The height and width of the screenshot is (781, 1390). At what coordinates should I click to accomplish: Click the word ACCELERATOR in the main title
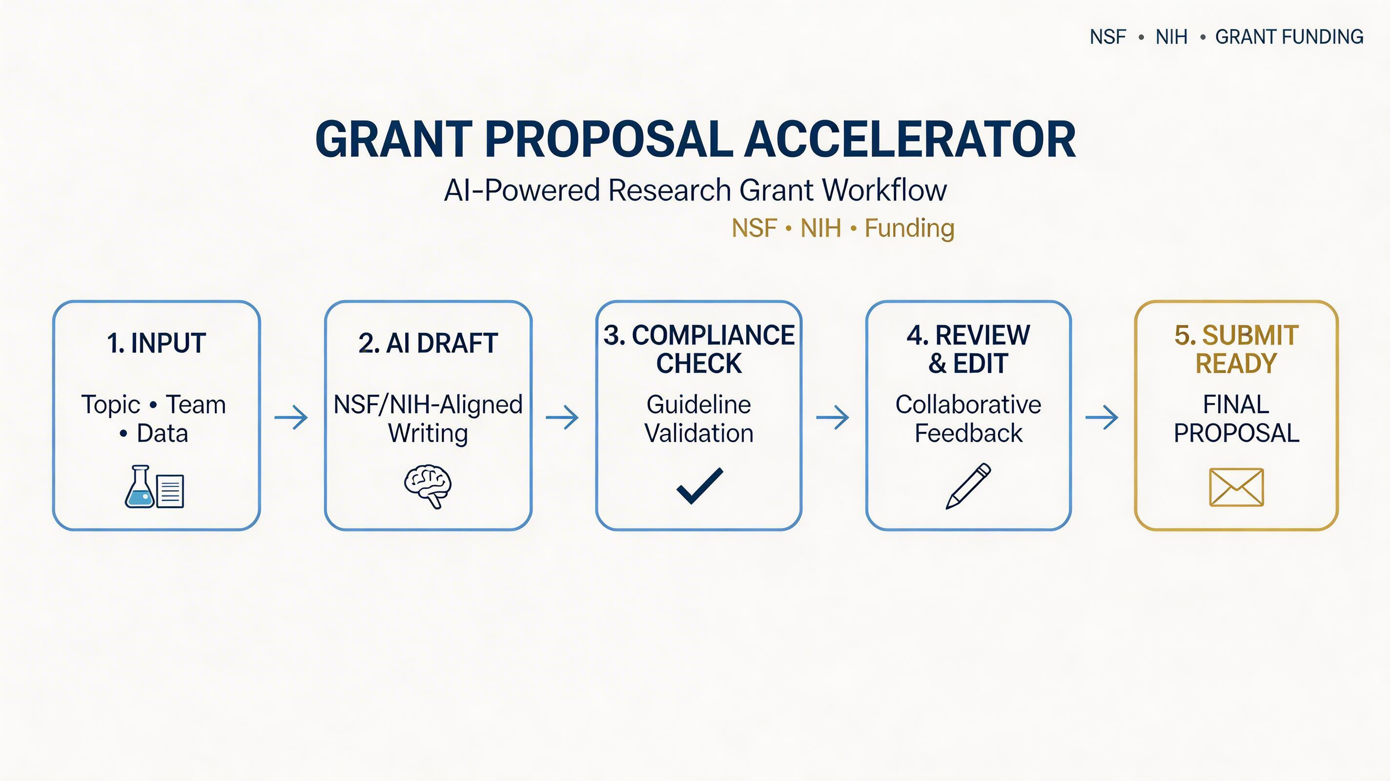[x=910, y=139]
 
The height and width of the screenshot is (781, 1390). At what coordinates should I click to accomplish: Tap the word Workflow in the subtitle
[x=884, y=190]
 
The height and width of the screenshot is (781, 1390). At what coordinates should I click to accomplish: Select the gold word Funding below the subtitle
[x=909, y=228]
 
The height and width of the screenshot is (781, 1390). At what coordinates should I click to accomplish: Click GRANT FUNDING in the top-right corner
[x=1289, y=37]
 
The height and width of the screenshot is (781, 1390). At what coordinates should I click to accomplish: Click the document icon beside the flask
[x=170, y=491]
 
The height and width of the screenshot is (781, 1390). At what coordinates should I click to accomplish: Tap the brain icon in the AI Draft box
[x=428, y=486]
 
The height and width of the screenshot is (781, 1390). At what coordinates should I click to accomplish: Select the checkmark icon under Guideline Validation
[x=699, y=486]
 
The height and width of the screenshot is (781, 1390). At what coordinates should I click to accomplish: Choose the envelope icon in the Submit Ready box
[x=1236, y=487]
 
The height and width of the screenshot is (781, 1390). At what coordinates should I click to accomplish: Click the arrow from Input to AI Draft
[x=291, y=417]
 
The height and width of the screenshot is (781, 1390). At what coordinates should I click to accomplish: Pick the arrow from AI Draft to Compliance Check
[x=562, y=417]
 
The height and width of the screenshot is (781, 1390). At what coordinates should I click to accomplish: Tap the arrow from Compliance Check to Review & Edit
[x=833, y=417]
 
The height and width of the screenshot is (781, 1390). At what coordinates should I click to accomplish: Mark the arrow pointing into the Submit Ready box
[x=1102, y=417]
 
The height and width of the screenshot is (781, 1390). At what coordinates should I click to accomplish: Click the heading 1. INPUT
[x=157, y=343]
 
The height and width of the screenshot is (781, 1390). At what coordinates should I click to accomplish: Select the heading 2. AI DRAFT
[x=428, y=343]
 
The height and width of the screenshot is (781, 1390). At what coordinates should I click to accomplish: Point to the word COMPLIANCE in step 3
[x=713, y=335]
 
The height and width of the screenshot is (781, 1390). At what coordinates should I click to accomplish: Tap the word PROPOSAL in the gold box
[x=1236, y=433]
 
